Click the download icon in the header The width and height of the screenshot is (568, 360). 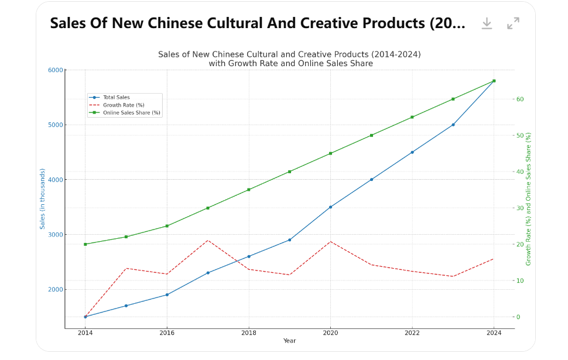click(x=487, y=23)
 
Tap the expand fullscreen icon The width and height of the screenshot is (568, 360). click(x=514, y=23)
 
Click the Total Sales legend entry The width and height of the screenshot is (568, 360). click(x=116, y=97)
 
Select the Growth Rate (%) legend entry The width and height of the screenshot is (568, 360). click(x=123, y=105)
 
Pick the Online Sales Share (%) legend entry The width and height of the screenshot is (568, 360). click(x=131, y=112)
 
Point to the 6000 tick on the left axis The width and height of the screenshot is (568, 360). click(x=56, y=70)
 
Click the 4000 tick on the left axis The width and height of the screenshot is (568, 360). click(x=56, y=180)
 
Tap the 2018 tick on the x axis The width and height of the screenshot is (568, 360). click(x=249, y=333)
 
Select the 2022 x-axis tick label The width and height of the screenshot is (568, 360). click(x=412, y=333)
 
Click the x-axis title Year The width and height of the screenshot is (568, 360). click(x=289, y=341)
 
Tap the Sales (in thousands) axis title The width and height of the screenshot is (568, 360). click(x=42, y=198)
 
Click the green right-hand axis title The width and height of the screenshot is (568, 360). click(x=528, y=198)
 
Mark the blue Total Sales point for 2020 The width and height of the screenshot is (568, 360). click(x=330, y=207)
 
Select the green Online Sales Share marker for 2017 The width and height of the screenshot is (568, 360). click(x=208, y=208)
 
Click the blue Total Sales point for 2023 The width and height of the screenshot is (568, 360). click(x=453, y=125)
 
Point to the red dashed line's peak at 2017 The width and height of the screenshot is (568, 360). click(x=208, y=240)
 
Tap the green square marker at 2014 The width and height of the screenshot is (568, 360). click(x=85, y=244)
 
